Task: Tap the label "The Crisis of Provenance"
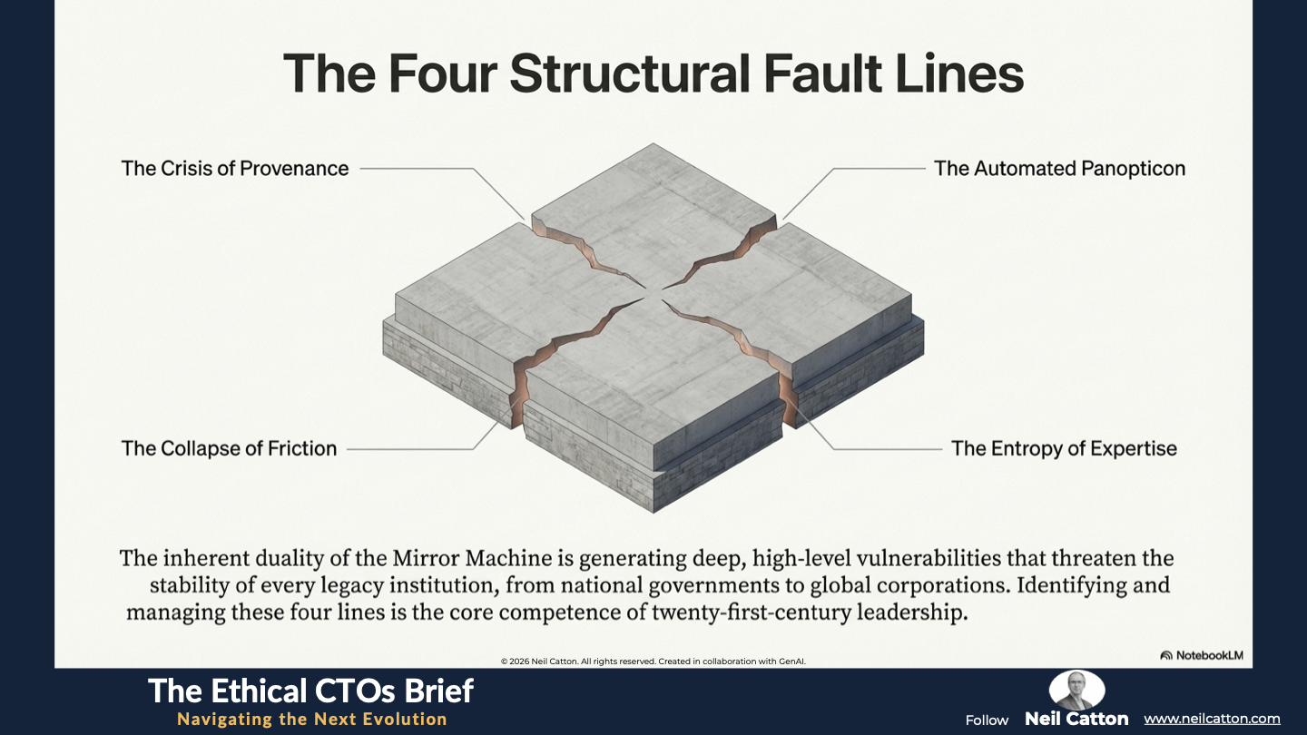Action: point(235,168)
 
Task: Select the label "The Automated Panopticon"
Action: point(1059,168)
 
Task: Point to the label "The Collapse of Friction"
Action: point(229,448)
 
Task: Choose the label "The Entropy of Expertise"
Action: point(1064,448)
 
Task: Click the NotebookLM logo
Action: point(1202,655)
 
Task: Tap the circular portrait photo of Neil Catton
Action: point(1076,691)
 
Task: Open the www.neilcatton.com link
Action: point(1212,719)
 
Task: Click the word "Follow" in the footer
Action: point(987,720)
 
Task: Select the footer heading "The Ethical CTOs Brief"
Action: point(310,691)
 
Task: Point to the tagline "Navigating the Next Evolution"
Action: point(311,720)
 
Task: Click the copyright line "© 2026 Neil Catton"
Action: point(653,661)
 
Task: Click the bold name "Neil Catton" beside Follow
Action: point(1076,719)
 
